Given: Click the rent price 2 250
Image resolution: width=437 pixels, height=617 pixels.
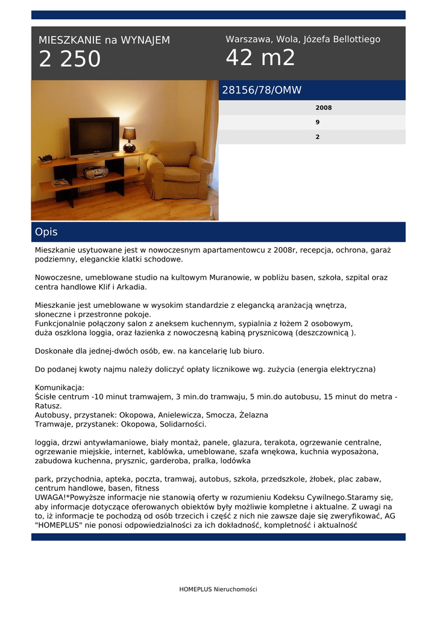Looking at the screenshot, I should point(70,60).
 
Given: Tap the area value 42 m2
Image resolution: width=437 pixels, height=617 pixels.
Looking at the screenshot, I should point(260,58).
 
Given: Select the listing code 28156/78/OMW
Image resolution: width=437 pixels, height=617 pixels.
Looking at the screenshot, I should point(262,90).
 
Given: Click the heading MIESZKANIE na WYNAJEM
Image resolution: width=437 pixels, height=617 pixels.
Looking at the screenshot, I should point(104,40).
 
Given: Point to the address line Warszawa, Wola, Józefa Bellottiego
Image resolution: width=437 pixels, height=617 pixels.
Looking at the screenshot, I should point(303,39).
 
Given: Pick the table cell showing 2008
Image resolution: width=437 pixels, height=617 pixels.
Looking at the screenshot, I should point(324,108).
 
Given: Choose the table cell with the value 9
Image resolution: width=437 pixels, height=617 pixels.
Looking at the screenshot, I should point(318,122).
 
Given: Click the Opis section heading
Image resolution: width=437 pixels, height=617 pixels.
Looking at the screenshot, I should point(46,232).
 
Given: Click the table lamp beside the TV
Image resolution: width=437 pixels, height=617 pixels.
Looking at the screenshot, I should point(129,139).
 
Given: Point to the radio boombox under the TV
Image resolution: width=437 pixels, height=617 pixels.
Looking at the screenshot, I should point(95,173).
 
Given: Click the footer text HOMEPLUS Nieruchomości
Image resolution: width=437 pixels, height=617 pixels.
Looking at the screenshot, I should point(218,589).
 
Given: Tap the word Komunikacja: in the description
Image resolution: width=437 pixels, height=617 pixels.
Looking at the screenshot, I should point(60,387).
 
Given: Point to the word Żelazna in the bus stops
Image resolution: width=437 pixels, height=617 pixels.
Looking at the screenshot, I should point(254,415).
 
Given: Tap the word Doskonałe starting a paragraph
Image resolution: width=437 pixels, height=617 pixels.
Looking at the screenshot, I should point(55,351).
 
